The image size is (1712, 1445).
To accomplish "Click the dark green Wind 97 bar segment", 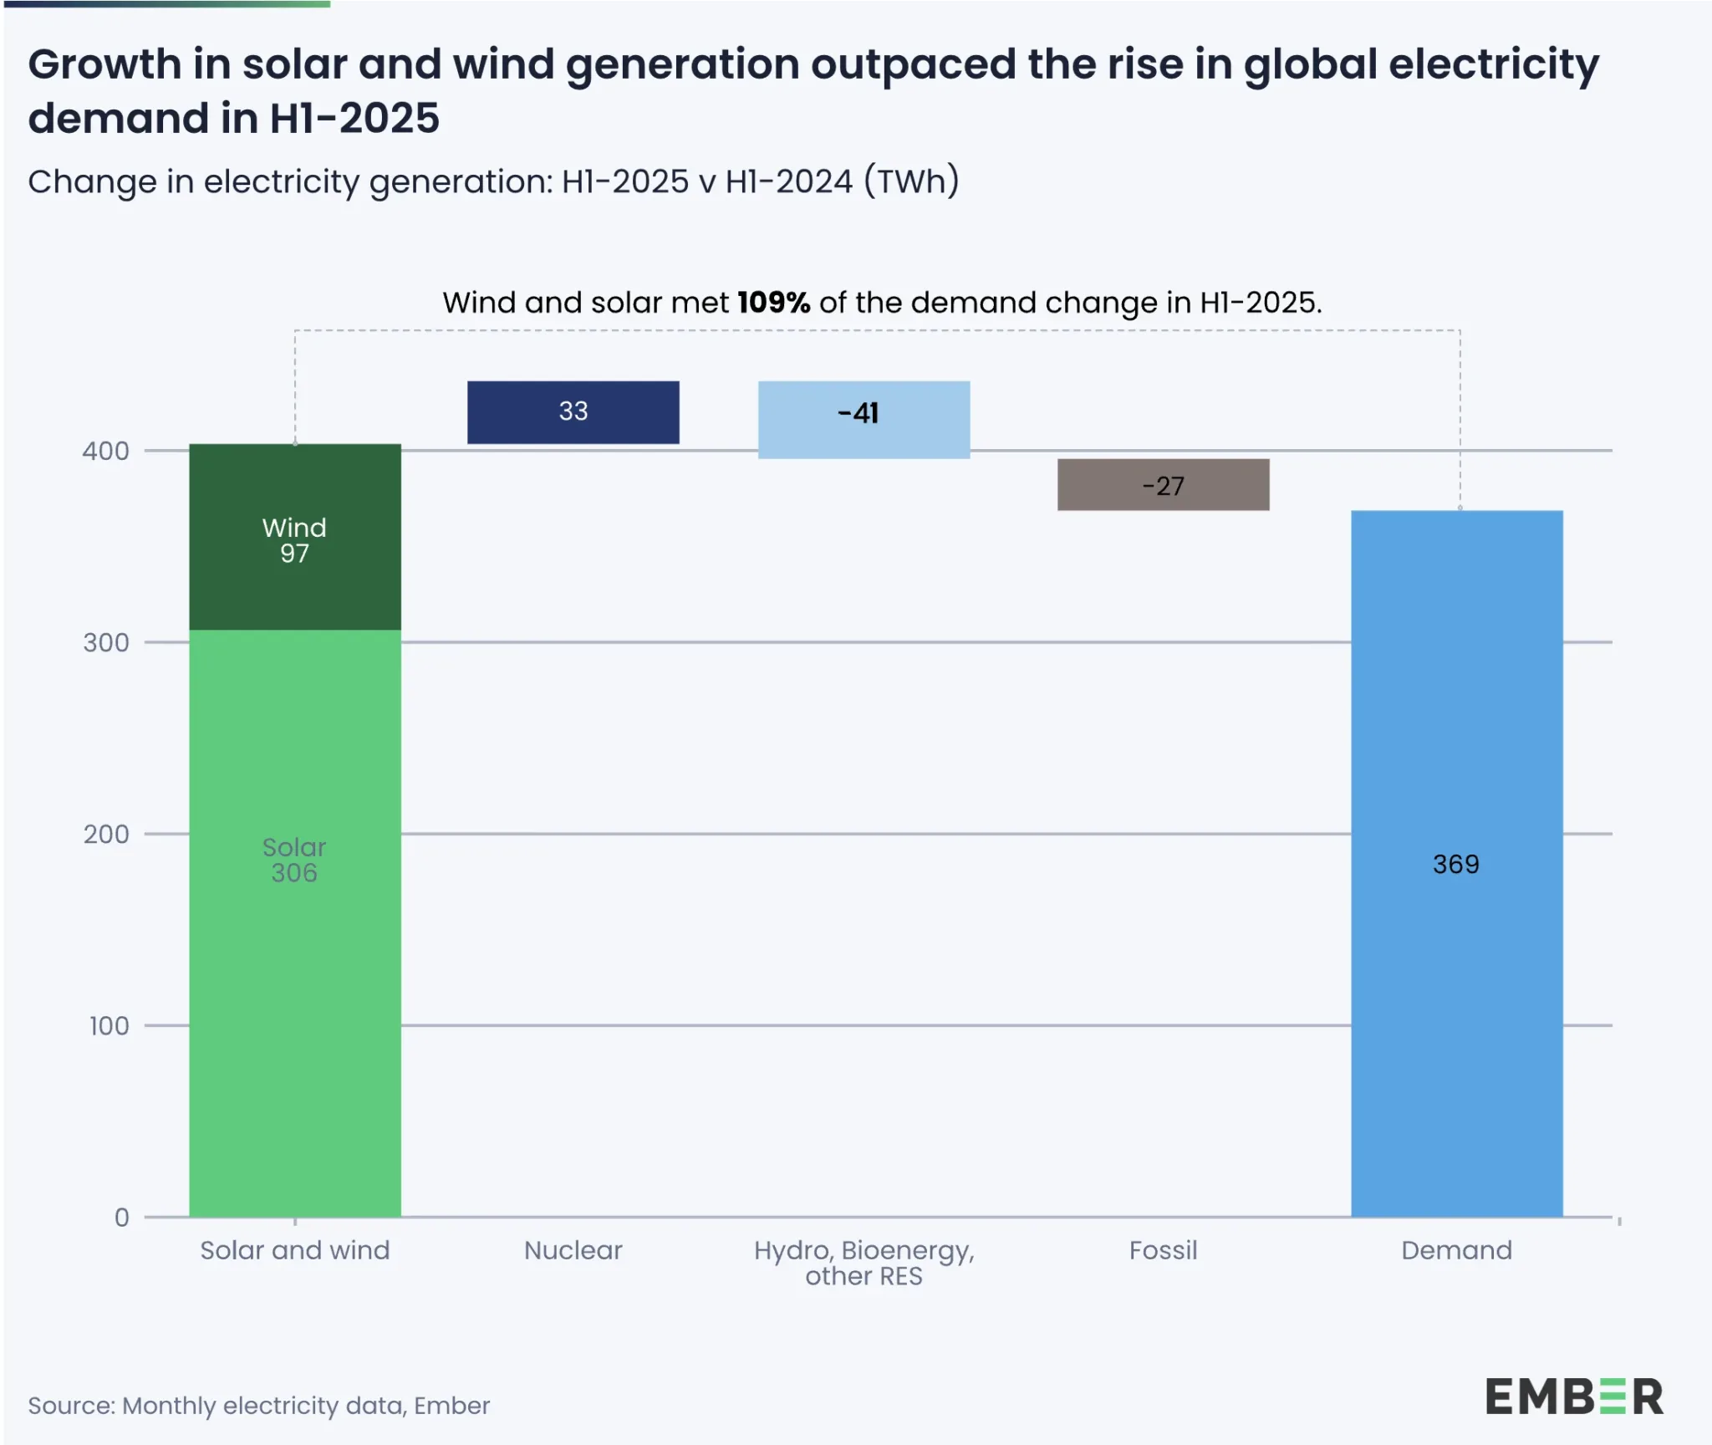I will click(x=294, y=537).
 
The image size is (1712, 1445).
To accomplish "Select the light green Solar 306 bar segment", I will click(x=294, y=920).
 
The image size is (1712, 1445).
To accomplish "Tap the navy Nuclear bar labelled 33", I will click(x=573, y=412).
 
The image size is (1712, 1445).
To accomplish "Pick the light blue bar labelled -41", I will click(x=864, y=419).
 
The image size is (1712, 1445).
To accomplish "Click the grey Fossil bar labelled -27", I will click(x=1163, y=484).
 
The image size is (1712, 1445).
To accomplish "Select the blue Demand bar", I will click(x=1456, y=1003).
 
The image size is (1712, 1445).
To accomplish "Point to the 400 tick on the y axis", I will click(x=106, y=452).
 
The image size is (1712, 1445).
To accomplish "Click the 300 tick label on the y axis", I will click(x=106, y=643).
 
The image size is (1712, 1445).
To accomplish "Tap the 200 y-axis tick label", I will click(x=106, y=835).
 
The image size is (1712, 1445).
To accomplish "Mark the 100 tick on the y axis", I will click(x=109, y=1026).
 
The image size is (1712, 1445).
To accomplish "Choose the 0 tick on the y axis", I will click(x=122, y=1218).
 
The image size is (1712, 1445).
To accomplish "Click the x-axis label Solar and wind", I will click(x=294, y=1250).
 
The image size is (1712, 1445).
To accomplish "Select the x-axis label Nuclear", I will click(x=573, y=1250).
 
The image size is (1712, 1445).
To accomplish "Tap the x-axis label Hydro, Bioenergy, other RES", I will click(x=864, y=1263).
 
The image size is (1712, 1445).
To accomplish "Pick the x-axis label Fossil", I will click(x=1163, y=1250).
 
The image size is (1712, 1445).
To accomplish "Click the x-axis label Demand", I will click(x=1456, y=1250).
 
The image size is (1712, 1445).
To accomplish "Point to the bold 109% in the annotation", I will click(x=773, y=303).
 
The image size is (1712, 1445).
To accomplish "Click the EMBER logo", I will click(x=1574, y=1397).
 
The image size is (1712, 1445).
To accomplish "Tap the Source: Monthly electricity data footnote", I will click(x=258, y=1406).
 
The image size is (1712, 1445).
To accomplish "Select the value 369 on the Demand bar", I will click(x=1455, y=864).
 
